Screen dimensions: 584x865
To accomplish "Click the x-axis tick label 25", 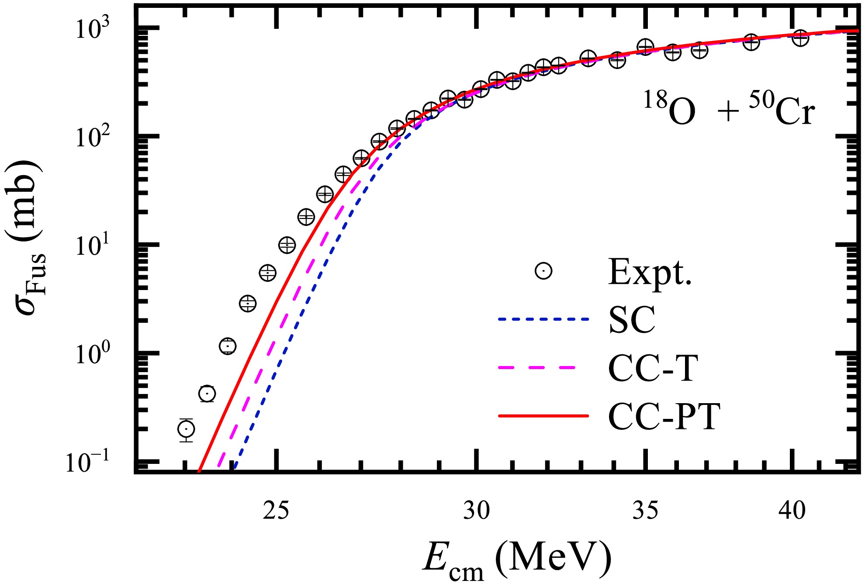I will pos(276,510).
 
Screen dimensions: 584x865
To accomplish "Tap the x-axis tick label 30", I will pos(476,510).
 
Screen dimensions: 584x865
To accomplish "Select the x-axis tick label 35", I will pos(645,510).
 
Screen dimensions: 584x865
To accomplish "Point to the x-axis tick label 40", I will pos(792,510).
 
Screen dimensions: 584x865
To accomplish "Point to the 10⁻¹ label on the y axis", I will pos(88,462).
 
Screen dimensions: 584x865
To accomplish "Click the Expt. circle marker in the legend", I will pos(543,271).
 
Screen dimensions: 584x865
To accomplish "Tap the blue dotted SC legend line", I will pos(543,319).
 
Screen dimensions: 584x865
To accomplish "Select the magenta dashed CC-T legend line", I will pos(543,368).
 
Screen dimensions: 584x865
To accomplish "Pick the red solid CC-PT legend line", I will pos(543,416).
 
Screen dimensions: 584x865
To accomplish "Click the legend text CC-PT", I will pos(664,416).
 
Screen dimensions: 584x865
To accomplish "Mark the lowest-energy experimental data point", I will pos(187,429).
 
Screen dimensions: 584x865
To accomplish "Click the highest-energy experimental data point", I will pos(800,38).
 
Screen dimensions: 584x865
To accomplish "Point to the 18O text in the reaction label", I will pos(669,109).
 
